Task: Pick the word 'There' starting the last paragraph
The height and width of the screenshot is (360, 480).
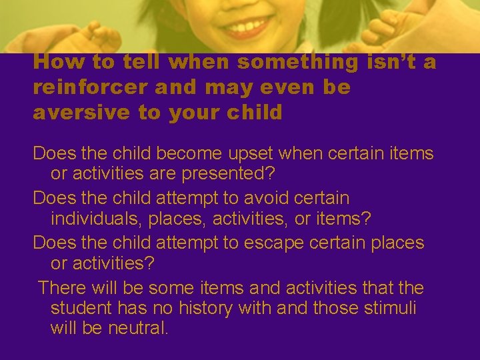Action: [61, 288]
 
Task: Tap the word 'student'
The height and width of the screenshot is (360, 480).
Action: [81, 308]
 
